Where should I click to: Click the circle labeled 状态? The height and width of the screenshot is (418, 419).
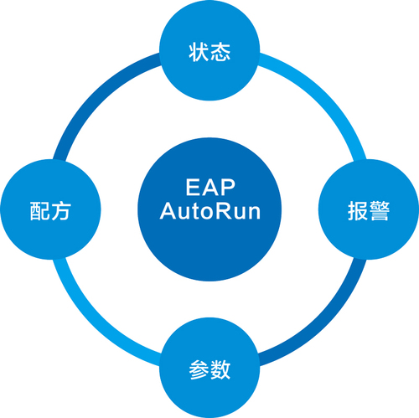click(209, 50)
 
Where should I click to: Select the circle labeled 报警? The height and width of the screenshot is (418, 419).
click(369, 209)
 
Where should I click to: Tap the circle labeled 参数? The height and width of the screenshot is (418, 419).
click(209, 368)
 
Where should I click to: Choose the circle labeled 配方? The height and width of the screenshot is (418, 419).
click(50, 209)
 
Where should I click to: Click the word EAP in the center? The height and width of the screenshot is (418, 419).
click(210, 188)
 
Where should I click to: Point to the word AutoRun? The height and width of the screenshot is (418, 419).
click(210, 211)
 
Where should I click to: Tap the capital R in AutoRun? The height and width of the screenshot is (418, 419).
click(223, 211)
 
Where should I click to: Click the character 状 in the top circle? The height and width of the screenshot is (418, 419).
click(199, 52)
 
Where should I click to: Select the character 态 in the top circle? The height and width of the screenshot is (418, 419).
click(220, 52)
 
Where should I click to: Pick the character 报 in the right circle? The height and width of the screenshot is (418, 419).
click(358, 211)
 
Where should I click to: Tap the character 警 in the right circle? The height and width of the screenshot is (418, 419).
click(380, 211)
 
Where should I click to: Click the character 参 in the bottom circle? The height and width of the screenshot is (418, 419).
click(199, 369)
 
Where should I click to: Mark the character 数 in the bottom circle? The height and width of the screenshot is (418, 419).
click(220, 369)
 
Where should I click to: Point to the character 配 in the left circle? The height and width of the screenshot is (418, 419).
click(40, 211)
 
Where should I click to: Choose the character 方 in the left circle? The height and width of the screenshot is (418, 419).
click(61, 211)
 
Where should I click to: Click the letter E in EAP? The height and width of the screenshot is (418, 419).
click(193, 188)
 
